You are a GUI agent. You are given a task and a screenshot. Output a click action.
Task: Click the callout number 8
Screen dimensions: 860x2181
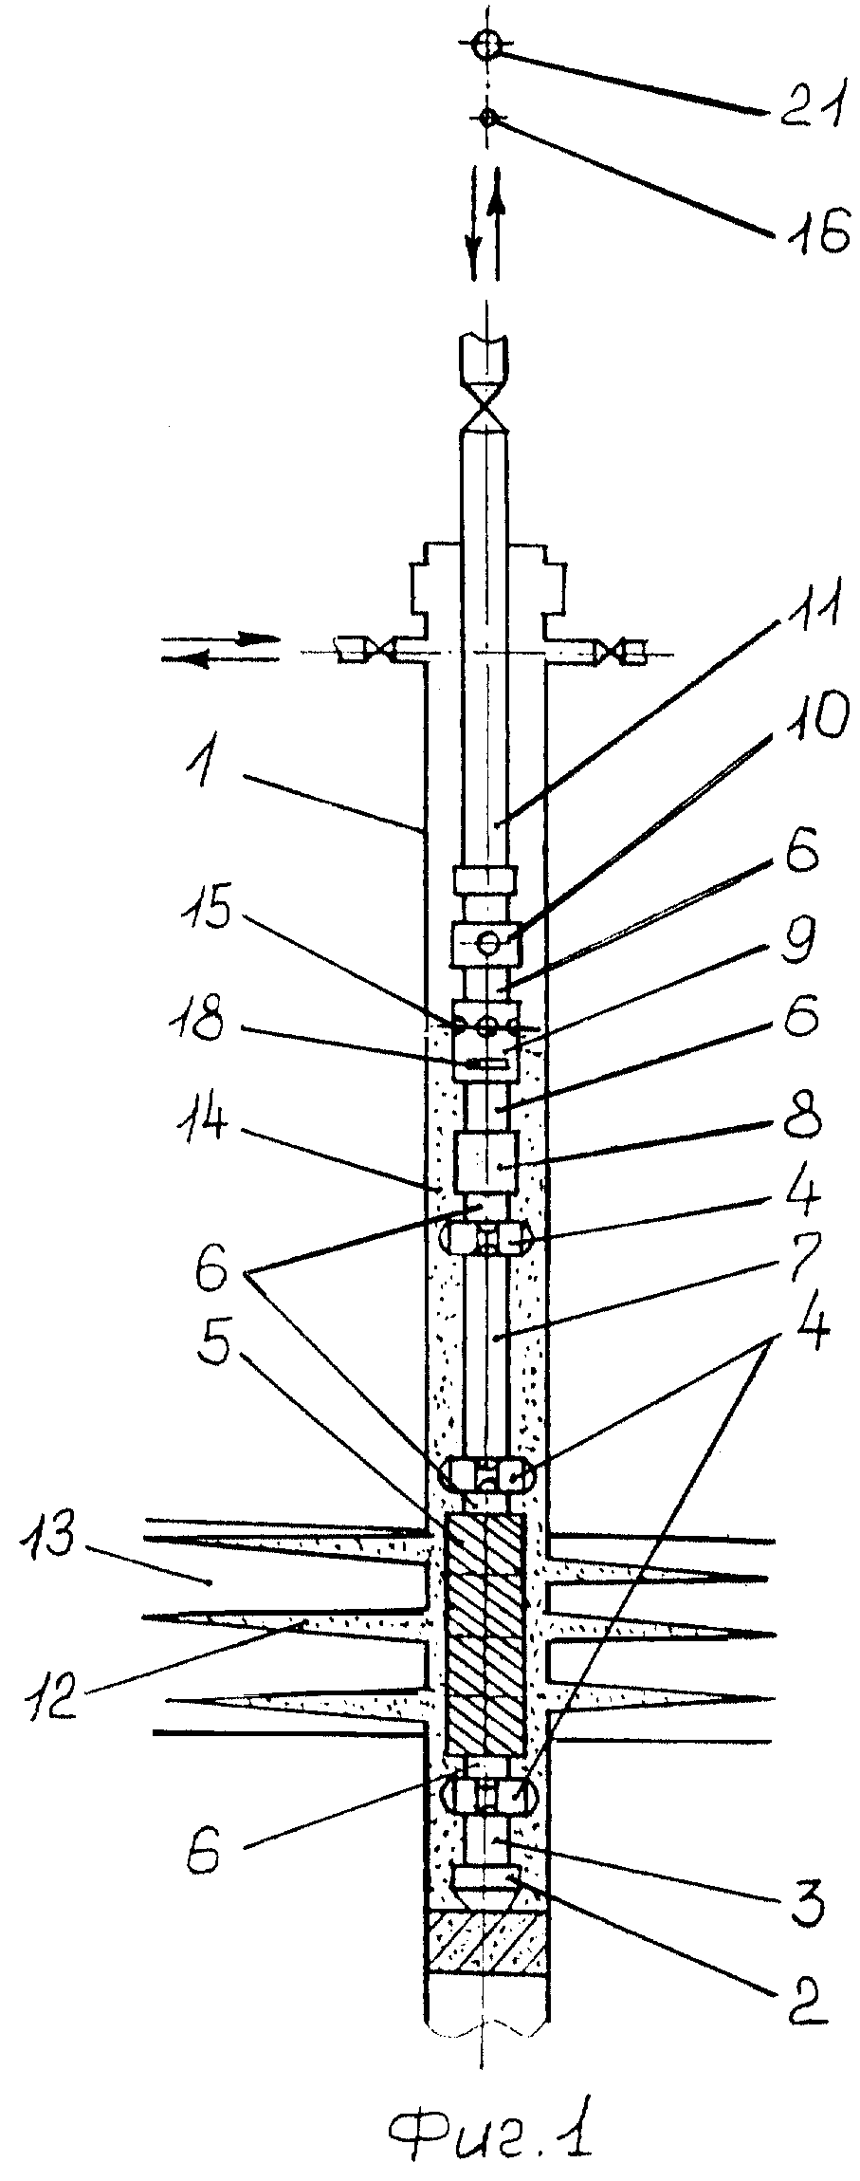801,1119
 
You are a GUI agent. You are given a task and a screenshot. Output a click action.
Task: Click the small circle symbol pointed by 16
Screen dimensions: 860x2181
487,118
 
